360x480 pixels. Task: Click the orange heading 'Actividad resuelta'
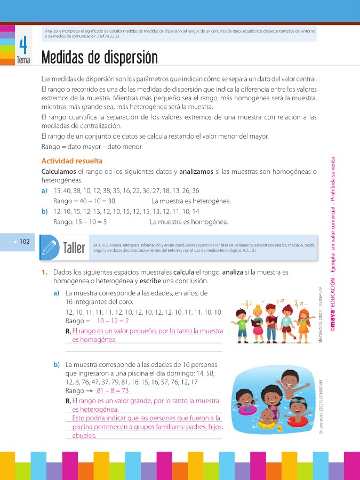72,161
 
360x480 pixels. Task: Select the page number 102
25,242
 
